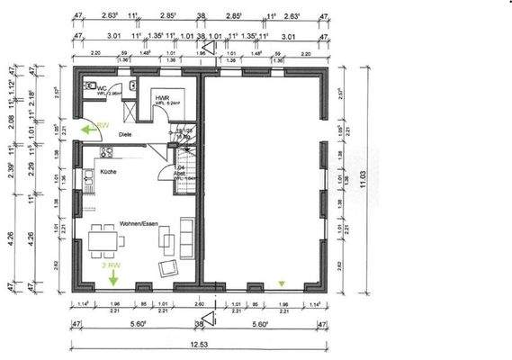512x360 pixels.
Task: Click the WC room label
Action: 103,88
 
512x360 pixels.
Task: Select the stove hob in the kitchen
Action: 106,153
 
